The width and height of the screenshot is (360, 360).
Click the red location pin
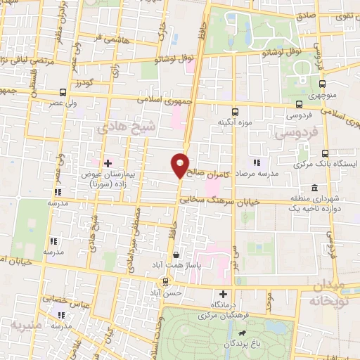point(181,164)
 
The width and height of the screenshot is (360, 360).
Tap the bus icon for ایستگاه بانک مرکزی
point(324,153)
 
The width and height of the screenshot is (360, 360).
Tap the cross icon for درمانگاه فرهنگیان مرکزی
point(223,294)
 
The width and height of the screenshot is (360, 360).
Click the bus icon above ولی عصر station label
point(63,92)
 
